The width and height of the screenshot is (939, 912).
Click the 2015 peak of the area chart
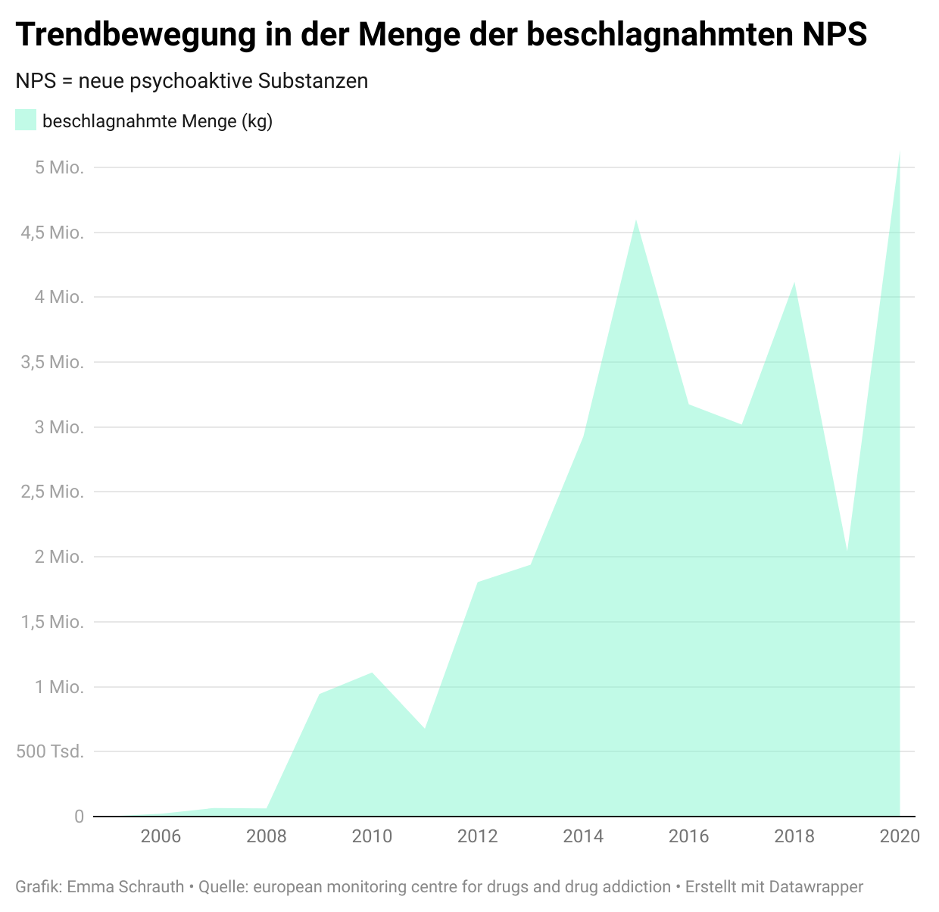[636, 220]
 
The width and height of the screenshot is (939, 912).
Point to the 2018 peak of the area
[794, 283]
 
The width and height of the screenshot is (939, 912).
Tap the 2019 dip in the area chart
[847, 552]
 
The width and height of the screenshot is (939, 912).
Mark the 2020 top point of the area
[899, 153]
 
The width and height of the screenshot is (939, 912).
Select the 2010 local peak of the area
[372, 673]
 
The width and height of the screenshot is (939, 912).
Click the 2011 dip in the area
[425, 728]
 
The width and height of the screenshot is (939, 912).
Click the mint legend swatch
[26, 120]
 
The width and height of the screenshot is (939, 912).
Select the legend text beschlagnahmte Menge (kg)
[158, 121]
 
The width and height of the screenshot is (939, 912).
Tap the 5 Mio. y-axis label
[59, 167]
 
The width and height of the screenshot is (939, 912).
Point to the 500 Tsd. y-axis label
[50, 752]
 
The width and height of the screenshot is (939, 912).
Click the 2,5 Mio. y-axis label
[52, 492]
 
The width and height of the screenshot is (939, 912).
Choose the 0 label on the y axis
[79, 817]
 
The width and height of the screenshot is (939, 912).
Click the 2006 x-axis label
[161, 837]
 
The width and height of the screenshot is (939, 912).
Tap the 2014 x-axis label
[583, 837]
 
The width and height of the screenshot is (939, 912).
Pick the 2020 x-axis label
[900, 837]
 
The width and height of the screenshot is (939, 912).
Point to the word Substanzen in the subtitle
[313, 81]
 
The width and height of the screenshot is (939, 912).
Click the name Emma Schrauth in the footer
[126, 887]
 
